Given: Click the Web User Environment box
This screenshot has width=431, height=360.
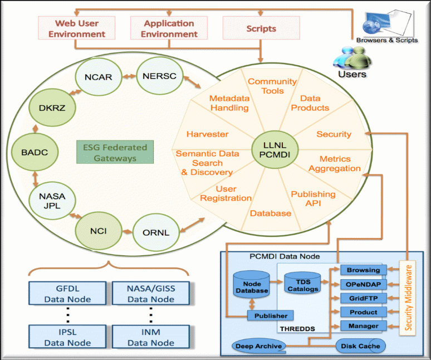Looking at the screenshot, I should click(x=76, y=28).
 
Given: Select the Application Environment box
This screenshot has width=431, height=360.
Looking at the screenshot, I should click(x=169, y=28).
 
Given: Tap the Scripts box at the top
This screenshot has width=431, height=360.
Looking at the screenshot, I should click(x=261, y=28).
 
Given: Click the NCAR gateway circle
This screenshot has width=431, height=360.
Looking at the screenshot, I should click(x=98, y=76).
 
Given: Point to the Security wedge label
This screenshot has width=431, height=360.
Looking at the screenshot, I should click(x=334, y=134).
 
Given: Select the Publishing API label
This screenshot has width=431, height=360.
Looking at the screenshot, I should click(x=314, y=198).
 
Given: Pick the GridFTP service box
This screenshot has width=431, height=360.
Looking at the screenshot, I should click(x=363, y=298).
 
